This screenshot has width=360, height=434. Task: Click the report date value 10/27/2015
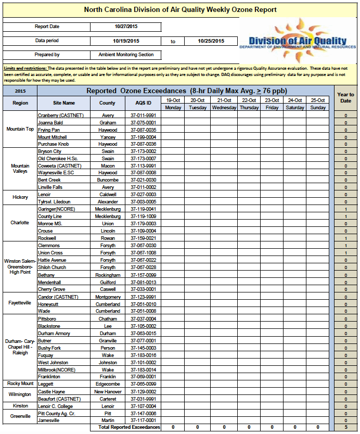tap(126, 27)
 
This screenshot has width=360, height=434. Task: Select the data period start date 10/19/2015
tap(126, 41)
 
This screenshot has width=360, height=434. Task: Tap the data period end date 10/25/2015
tap(211, 41)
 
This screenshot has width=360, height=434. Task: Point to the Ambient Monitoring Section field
tap(126, 54)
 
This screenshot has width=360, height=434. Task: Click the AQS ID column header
tap(142, 103)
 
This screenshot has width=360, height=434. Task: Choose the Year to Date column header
tap(345, 97)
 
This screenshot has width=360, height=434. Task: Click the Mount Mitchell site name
tap(53, 137)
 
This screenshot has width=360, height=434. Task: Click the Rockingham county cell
tap(108, 275)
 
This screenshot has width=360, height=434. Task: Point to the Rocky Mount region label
tap(20, 384)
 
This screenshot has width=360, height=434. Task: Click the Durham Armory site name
tap(54, 333)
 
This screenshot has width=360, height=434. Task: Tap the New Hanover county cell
tap(108, 391)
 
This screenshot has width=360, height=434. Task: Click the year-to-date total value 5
tap(345, 427)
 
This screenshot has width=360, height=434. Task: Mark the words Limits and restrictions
tap(25, 68)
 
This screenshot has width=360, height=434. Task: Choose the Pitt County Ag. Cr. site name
tap(57, 413)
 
